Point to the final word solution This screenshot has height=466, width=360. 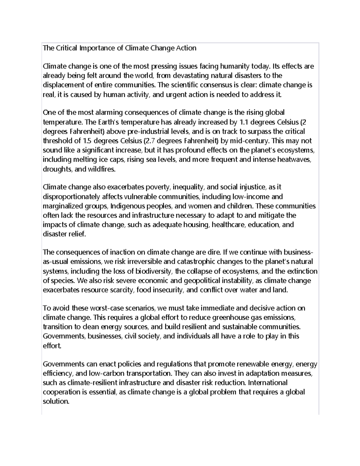(56, 401)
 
